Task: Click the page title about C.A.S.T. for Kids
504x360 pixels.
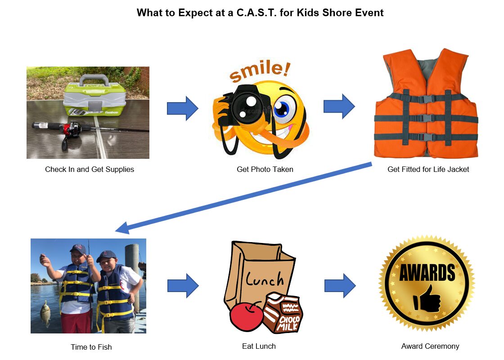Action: click(x=260, y=13)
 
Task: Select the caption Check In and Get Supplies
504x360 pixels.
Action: click(x=90, y=170)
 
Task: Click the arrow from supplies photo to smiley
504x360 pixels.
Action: click(x=182, y=108)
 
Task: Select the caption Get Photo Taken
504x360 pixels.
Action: click(x=265, y=170)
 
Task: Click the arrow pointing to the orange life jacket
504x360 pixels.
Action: click(x=339, y=107)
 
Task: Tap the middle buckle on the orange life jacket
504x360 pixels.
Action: click(x=426, y=118)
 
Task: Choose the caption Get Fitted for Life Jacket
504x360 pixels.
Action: click(x=428, y=170)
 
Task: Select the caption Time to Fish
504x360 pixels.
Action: click(x=91, y=347)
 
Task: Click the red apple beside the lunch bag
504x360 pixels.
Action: click(x=247, y=315)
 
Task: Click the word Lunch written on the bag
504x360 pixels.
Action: click(x=265, y=279)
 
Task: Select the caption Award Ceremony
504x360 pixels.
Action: click(x=430, y=346)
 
